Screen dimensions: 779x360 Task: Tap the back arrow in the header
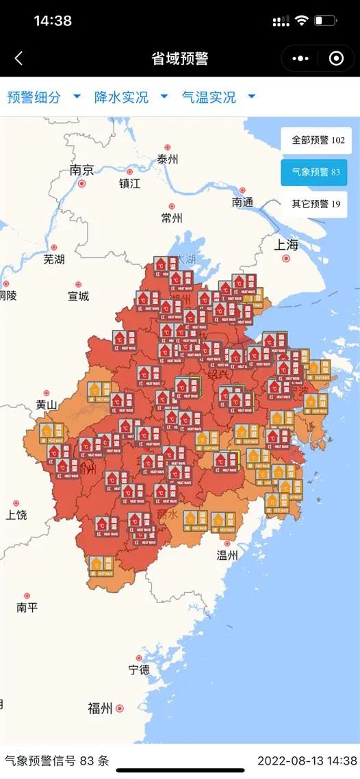[18, 59]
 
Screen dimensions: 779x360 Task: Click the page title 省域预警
[179, 59]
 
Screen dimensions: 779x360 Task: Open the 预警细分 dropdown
[43, 97]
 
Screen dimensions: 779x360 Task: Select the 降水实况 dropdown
[130, 97]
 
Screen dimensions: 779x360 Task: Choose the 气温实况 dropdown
[218, 97]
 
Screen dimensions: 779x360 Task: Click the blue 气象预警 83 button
[316, 172]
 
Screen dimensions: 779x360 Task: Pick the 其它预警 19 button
[316, 203]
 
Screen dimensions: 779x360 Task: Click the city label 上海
[286, 244]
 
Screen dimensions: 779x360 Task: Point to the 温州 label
[227, 555]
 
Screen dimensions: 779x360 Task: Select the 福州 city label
[100, 708]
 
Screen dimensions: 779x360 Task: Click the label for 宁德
[139, 669]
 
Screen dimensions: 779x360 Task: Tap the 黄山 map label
[47, 405]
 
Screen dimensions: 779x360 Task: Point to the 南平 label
[27, 607]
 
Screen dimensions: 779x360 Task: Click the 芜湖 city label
[54, 259]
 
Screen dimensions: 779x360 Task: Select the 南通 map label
[242, 202]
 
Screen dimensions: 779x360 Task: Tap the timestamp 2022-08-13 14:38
[307, 761]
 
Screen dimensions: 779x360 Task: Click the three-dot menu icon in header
[300, 59]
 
